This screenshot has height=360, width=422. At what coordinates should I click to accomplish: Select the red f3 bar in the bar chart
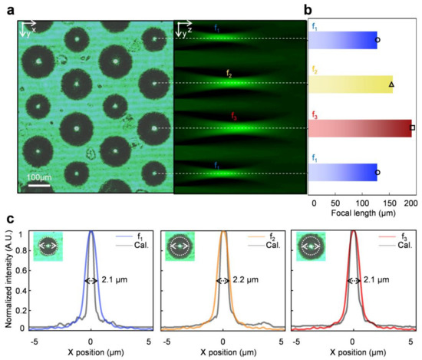pos(360,127)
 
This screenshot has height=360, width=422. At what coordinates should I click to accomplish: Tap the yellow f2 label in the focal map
pos(229,73)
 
